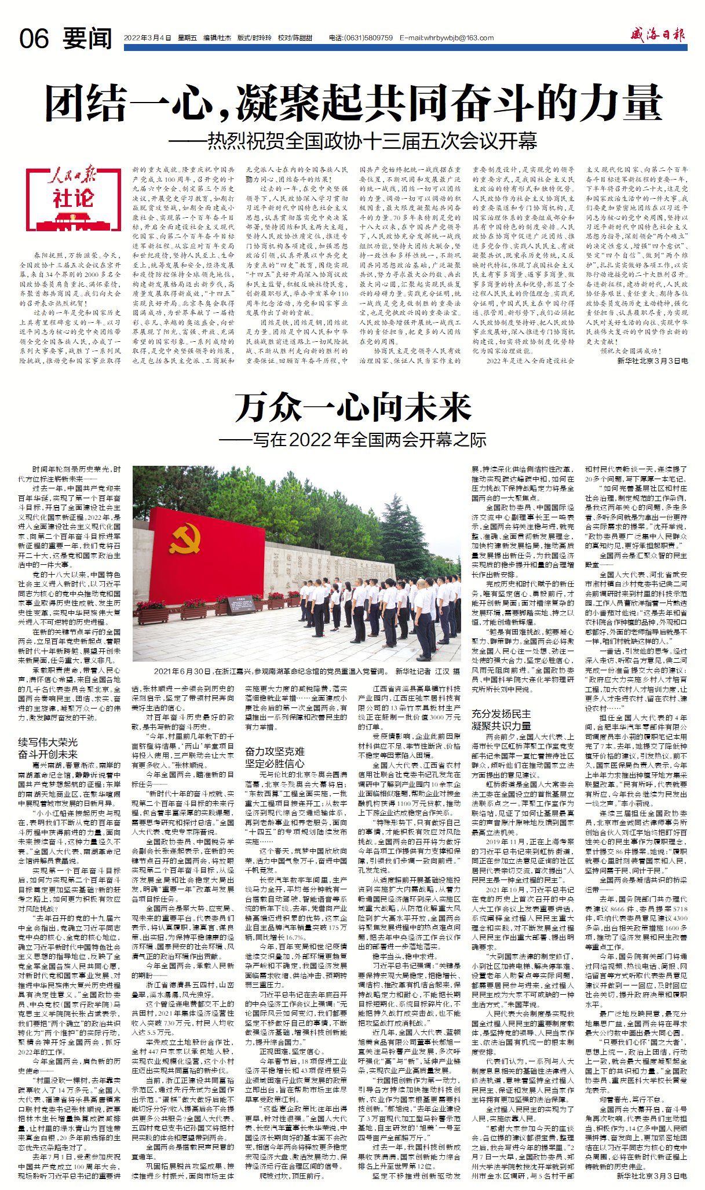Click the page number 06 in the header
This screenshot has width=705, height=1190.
[x=34, y=38]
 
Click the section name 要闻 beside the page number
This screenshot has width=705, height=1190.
[x=87, y=38]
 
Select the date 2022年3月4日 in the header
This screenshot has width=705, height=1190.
[x=148, y=38]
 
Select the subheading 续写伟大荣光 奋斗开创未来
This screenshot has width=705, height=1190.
[x=48, y=749]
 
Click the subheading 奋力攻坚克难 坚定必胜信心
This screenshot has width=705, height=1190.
[x=275, y=757]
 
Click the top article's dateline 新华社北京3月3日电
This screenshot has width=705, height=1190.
[x=652, y=360]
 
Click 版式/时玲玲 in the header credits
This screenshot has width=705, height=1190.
[x=254, y=38]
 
